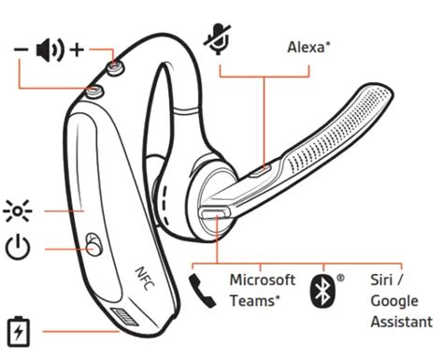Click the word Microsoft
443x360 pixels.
[x=263, y=280]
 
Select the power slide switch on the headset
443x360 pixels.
[x=91, y=245]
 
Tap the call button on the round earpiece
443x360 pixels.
[x=214, y=214]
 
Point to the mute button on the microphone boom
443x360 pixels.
[x=265, y=168]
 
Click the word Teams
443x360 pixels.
[x=253, y=300]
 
